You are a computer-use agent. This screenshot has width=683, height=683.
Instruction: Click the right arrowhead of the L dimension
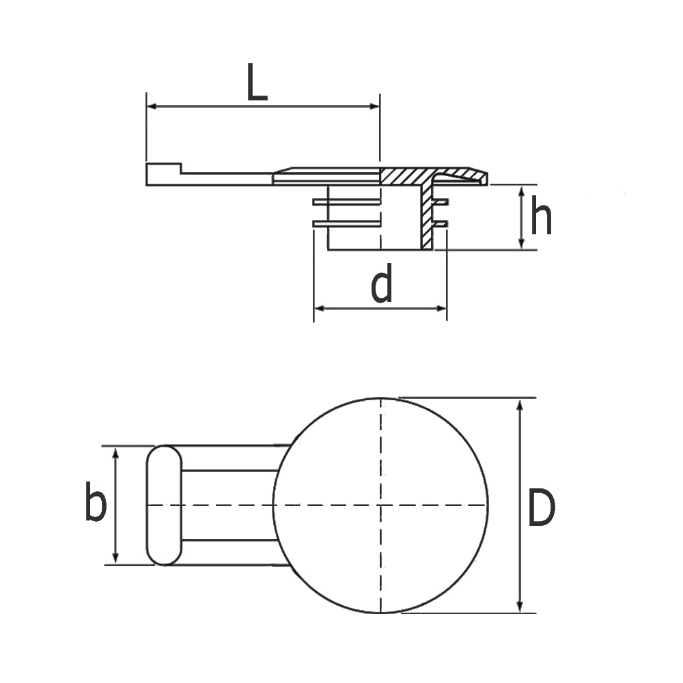point(373,107)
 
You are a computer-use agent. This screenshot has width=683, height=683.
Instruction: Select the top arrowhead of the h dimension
point(522,192)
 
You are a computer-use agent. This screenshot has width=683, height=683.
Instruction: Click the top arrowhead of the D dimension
point(520,404)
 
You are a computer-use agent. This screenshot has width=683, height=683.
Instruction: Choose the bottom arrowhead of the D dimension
point(520,606)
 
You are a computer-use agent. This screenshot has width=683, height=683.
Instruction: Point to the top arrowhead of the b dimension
point(115,453)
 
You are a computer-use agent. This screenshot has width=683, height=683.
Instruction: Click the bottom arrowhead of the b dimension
point(115,558)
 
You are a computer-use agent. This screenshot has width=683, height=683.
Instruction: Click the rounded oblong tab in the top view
point(165,505)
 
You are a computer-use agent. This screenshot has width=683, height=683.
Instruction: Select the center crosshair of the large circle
point(380,505)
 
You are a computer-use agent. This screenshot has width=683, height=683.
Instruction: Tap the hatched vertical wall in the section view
point(428,219)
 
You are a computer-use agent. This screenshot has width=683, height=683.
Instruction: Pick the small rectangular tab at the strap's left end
point(163,173)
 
